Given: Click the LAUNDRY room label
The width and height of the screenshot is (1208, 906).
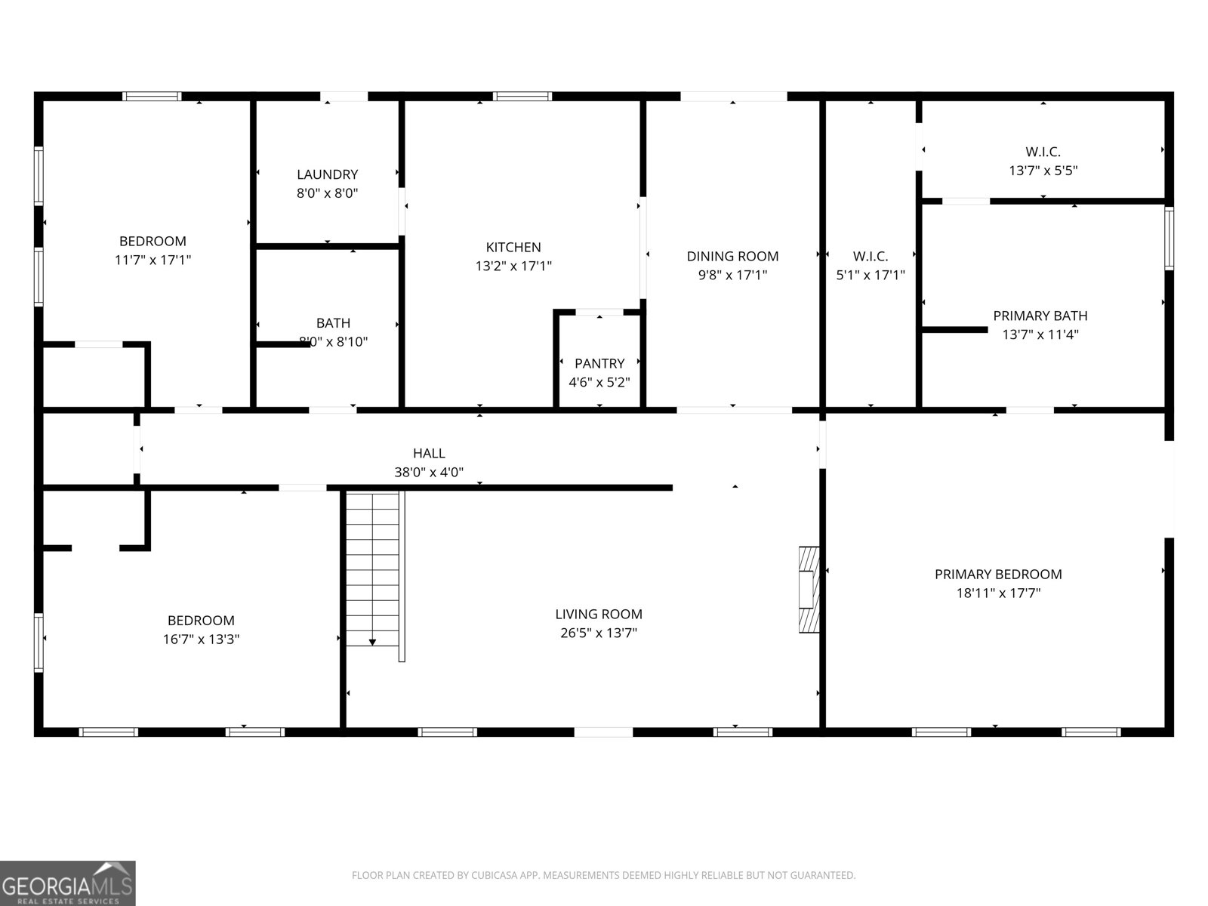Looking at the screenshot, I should (x=327, y=174).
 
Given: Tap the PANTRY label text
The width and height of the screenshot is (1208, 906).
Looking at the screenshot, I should (x=599, y=363).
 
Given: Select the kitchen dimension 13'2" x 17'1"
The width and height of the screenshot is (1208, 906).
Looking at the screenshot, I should (x=513, y=266).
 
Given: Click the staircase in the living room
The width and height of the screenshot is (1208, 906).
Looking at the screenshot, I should (x=373, y=566).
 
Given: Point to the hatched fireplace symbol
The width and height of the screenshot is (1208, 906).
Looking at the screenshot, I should (x=809, y=589).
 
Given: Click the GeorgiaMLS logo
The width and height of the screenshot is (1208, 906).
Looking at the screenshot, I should (x=68, y=883).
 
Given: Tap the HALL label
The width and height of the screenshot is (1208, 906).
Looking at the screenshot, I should (x=429, y=453).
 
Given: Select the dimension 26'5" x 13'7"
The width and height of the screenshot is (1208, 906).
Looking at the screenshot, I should (x=599, y=633).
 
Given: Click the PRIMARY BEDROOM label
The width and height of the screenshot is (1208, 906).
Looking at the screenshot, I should (x=998, y=574).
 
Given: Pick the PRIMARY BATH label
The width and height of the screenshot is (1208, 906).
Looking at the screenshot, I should (x=1040, y=316).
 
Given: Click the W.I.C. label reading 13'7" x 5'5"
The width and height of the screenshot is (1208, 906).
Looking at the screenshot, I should (x=1043, y=171).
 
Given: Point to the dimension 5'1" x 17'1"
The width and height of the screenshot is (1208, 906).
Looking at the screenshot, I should (x=870, y=276).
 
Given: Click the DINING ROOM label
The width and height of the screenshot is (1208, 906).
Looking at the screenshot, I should (x=732, y=256).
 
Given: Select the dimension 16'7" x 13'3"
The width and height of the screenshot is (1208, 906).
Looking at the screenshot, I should (x=201, y=639).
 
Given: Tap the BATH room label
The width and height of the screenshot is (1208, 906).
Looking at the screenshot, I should (x=333, y=323).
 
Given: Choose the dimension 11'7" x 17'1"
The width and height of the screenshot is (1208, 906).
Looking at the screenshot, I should (x=153, y=260).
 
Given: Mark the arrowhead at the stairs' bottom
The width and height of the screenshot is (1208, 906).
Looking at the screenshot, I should (x=373, y=642).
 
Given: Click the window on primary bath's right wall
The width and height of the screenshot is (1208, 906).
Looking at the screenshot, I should (x=1169, y=239).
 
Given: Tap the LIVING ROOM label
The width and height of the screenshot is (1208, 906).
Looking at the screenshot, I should (x=599, y=615).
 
